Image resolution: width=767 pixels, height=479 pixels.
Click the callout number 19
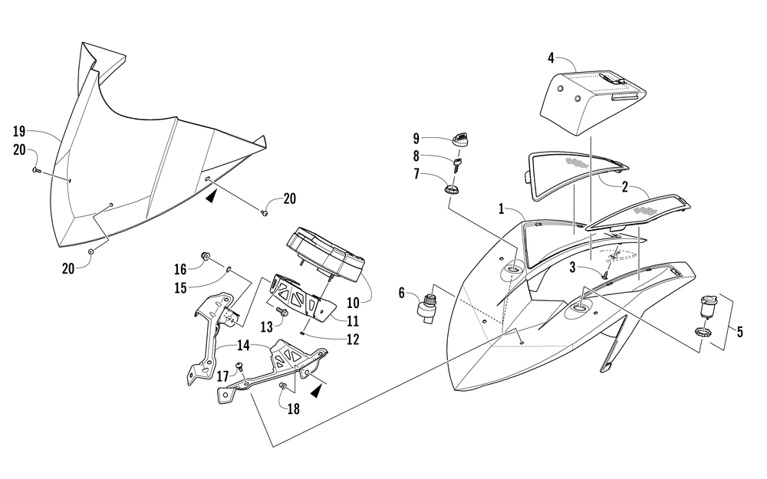coord(20,130)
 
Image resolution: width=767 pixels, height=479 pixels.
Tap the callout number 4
coord(551,57)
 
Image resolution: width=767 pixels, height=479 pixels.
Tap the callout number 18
coord(294,409)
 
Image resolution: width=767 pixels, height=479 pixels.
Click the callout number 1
coord(501,208)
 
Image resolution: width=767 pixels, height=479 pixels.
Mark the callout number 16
coord(179,269)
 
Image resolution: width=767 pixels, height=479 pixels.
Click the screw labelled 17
coord(239,367)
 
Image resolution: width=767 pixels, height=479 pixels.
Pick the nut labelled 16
coord(206,255)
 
